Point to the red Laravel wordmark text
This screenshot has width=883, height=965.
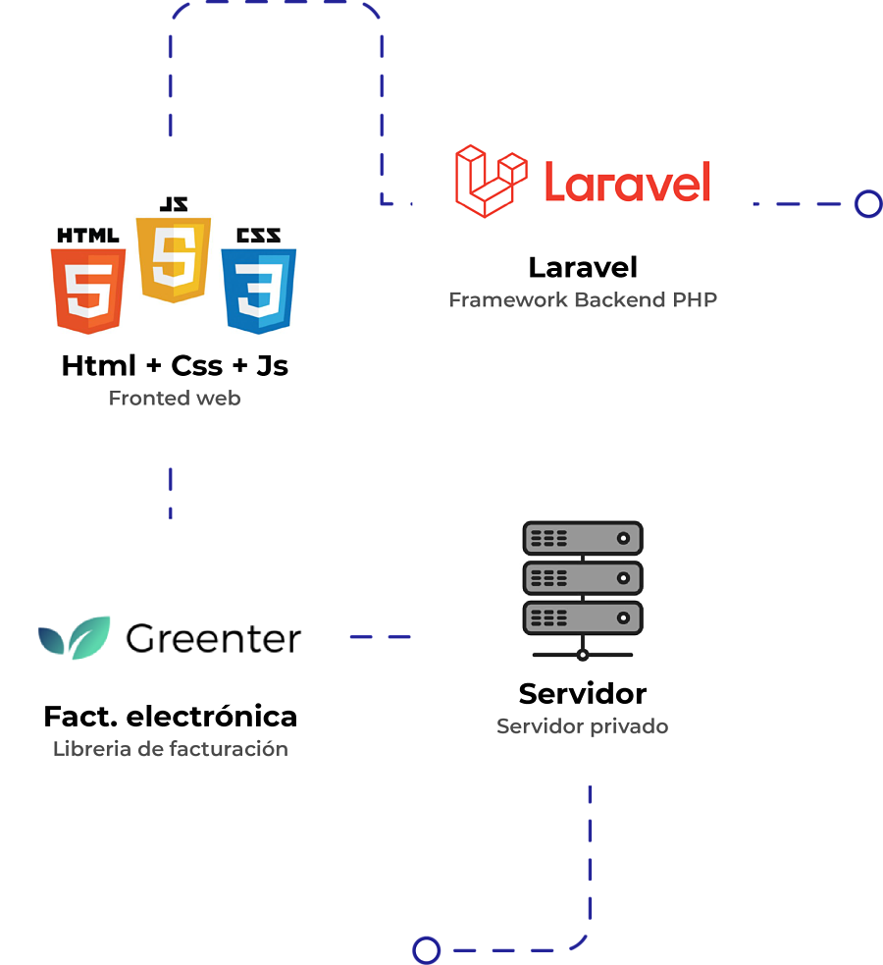point(626,182)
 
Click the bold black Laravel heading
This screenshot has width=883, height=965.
point(583,267)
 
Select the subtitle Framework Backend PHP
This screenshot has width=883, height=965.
point(583,299)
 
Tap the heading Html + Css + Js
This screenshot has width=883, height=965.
point(175,365)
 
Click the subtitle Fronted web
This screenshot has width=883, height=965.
point(175,398)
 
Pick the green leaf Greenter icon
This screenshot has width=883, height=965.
point(75,638)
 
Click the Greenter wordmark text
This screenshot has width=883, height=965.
point(213,638)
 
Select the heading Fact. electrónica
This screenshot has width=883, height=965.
point(171,716)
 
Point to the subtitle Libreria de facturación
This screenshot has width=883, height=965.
point(171,748)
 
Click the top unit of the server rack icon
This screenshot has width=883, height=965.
point(583,538)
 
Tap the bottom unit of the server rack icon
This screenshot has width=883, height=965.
point(583,618)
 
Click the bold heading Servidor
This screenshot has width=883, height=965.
point(583,694)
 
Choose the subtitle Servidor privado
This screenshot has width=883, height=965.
point(583,726)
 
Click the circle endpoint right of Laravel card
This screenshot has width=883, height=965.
point(867,203)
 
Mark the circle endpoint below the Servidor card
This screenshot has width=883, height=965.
point(426,950)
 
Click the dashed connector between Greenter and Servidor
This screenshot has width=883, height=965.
point(379,637)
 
